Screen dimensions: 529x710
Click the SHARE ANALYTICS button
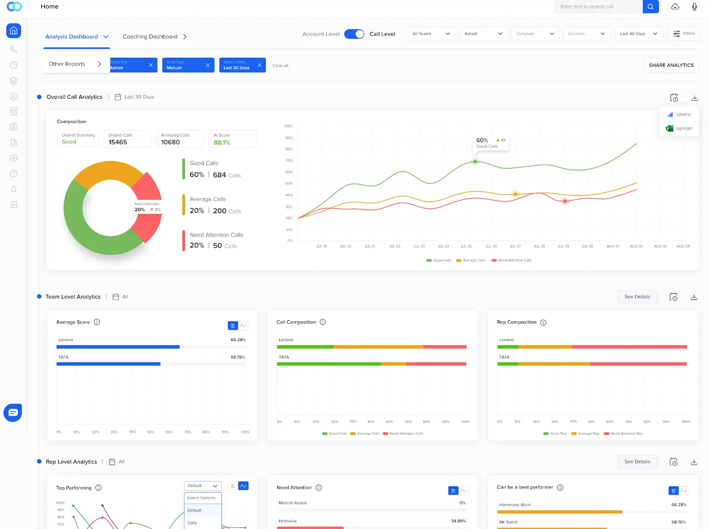click(671, 65)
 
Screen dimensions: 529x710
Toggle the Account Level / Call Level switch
click(354, 34)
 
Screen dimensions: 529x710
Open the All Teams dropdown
click(431, 34)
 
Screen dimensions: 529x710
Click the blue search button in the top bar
click(651, 7)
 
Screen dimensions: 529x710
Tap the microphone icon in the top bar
click(694, 7)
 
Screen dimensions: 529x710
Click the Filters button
click(683, 34)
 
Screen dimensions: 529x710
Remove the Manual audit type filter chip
click(208, 65)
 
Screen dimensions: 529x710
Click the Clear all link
click(280, 66)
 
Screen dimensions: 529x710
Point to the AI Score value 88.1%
click(222, 143)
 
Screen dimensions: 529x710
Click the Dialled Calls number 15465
click(118, 142)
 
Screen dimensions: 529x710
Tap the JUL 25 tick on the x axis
click(466, 246)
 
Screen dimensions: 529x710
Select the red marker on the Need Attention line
click(565, 201)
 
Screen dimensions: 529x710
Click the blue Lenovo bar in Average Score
click(118, 347)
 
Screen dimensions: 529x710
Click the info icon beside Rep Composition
click(543, 322)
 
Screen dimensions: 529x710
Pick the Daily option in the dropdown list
click(193, 523)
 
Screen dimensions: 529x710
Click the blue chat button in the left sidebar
click(13, 413)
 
